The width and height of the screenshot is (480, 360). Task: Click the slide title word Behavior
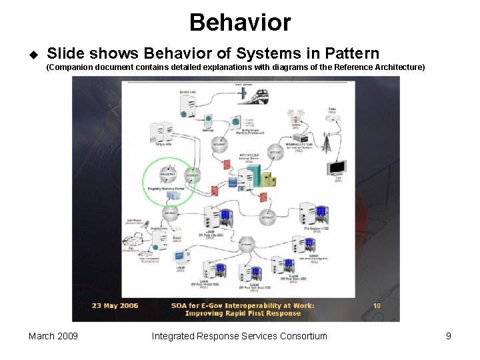point(240,22)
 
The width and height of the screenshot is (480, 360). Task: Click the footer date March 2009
point(53,336)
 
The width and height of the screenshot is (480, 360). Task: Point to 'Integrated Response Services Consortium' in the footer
point(239,336)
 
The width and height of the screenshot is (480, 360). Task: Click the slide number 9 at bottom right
point(449,336)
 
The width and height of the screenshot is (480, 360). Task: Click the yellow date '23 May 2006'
point(115,305)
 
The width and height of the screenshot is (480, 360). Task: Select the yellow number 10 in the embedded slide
point(377,305)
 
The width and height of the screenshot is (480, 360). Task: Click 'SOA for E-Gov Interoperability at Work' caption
point(243,305)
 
